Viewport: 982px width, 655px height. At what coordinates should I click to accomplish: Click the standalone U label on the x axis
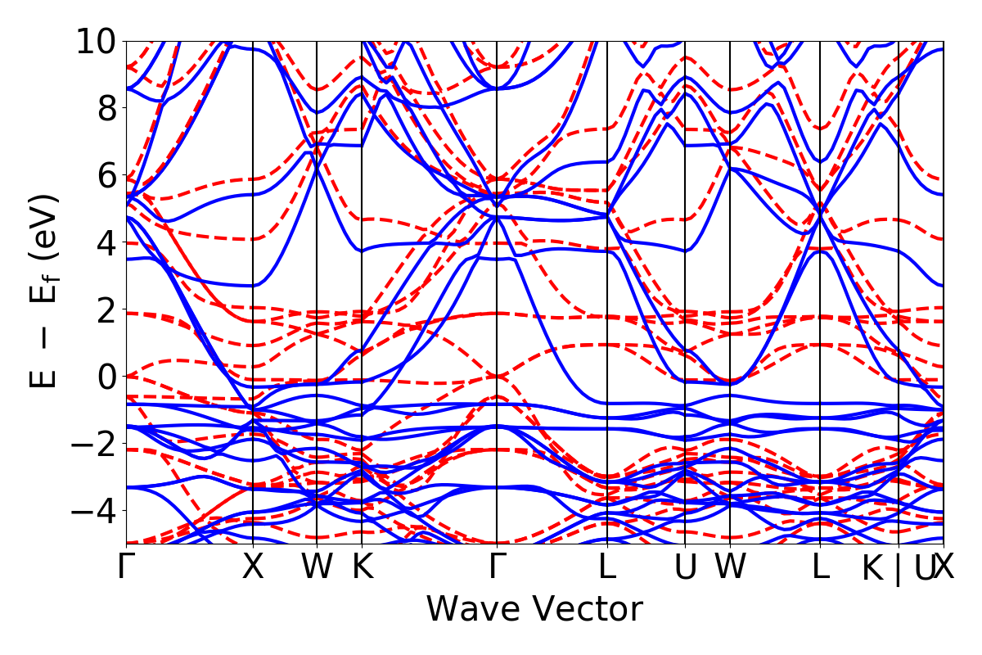tap(685, 567)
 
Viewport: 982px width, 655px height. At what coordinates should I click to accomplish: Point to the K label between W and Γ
tap(362, 567)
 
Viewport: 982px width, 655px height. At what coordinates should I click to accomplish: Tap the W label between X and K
tap(317, 567)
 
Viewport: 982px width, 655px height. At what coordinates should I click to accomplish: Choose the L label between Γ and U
tap(606, 567)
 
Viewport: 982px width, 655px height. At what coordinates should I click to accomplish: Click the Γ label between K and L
tap(497, 567)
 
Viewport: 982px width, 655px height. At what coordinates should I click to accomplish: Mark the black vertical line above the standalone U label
tap(685, 287)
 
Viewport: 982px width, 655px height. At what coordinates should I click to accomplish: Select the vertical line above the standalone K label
tap(362, 287)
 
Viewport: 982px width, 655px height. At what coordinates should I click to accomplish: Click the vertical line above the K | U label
tap(899, 287)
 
